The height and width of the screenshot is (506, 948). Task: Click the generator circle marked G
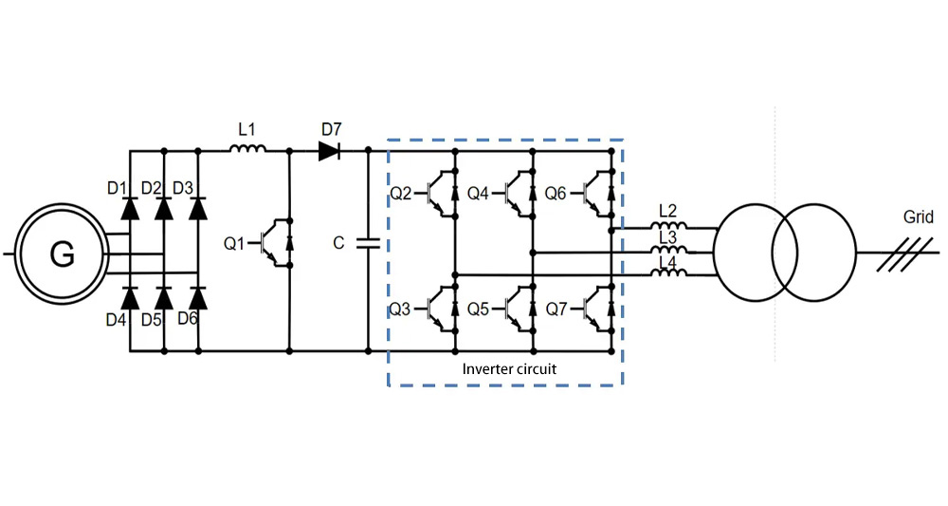[x=62, y=254]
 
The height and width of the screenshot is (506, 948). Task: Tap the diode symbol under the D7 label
[x=330, y=150]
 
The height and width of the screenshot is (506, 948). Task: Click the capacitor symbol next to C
[x=367, y=244]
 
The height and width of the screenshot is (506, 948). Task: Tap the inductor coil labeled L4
[x=671, y=274]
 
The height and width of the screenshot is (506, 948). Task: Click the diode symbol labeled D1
[x=130, y=207]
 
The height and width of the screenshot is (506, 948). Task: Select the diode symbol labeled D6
[x=197, y=299]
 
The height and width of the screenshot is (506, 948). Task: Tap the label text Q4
[x=479, y=194]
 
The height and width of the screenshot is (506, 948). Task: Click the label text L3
[x=667, y=236]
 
